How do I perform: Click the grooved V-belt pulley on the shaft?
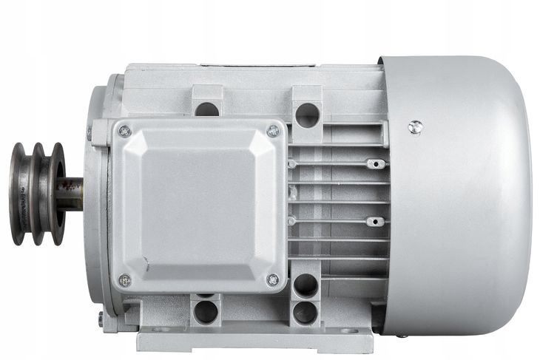coord(37,194)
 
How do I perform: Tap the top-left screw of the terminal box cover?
coord(124,131)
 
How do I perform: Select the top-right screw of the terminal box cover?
coord(273,131)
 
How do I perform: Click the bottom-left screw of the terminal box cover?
coord(124,280)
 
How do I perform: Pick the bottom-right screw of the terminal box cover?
coord(273,279)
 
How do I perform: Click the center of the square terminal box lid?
coord(198,206)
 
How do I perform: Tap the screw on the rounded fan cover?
coord(416,127)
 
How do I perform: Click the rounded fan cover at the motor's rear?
coord(459,194)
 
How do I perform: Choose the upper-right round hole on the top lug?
coord(306,115)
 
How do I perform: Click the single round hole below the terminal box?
coord(206,311)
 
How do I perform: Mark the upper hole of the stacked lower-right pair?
coord(305,285)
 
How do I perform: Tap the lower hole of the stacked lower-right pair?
coord(305,313)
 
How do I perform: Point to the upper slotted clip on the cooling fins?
coord(376,163)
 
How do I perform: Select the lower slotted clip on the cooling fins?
coord(376,221)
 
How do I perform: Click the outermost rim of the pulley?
coord(16,194)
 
